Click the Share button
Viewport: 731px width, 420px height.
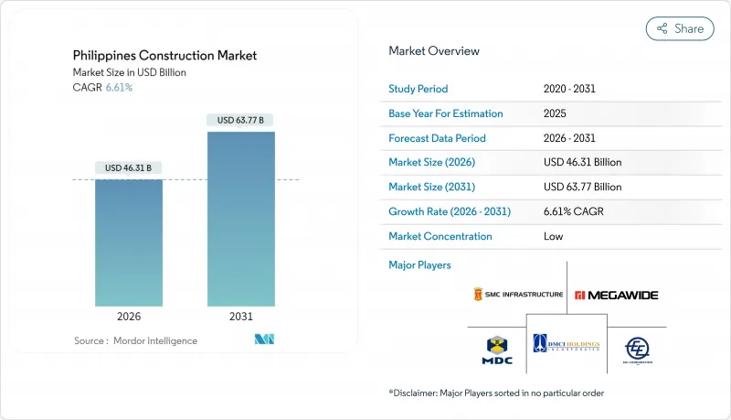[x=680, y=28]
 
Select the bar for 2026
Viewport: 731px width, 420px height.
[x=129, y=242]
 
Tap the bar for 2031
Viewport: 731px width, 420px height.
[x=240, y=219]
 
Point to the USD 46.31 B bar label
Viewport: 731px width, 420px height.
[x=129, y=167]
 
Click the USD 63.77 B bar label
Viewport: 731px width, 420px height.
[x=240, y=120]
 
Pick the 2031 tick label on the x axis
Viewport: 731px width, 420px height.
[x=240, y=318]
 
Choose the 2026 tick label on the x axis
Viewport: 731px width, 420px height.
[x=129, y=318]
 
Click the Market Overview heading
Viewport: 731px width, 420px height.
[x=433, y=50]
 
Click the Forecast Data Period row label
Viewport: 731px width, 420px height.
[x=437, y=138]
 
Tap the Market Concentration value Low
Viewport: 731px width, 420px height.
[x=554, y=236]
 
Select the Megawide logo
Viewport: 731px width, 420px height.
[x=616, y=295]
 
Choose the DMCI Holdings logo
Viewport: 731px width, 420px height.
[x=567, y=343]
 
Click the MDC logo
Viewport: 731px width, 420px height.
[x=496, y=349]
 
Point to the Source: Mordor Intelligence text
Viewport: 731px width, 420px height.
[x=135, y=340]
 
